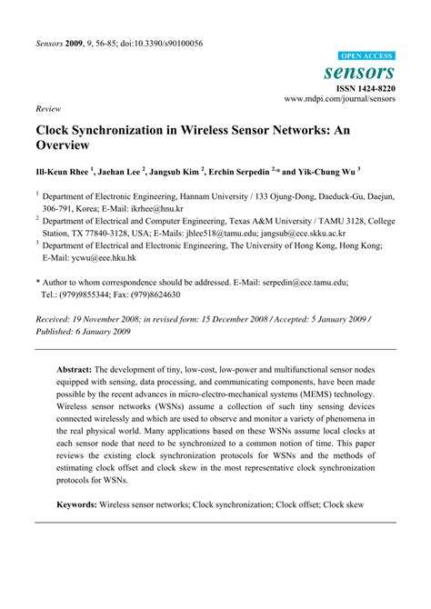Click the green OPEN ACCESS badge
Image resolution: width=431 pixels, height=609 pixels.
click(366, 55)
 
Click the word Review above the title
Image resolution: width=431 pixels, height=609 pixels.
click(48, 106)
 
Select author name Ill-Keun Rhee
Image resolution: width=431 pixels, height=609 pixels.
click(63, 170)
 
